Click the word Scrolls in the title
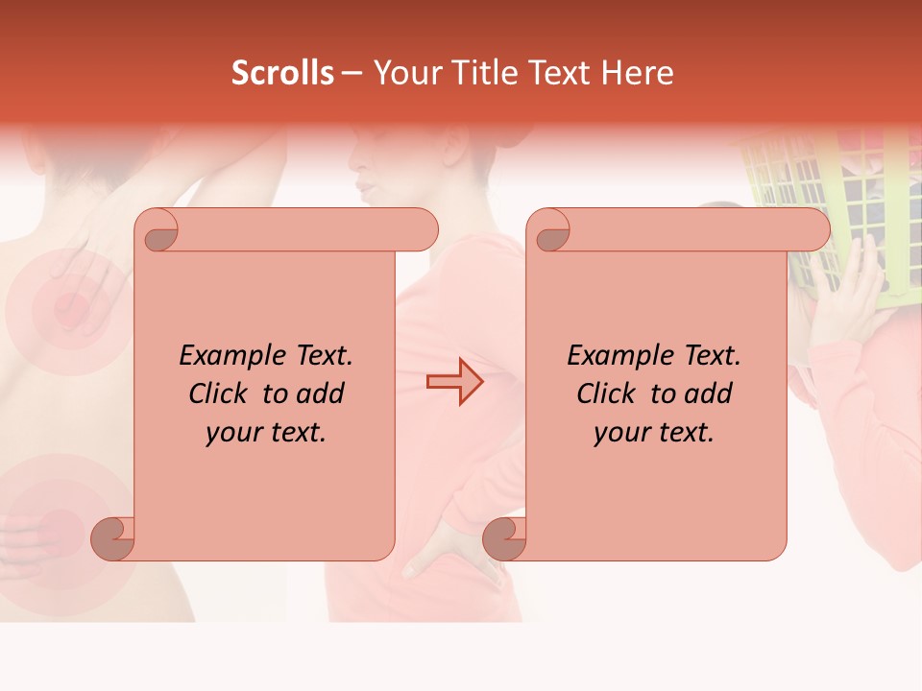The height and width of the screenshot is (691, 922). (282, 73)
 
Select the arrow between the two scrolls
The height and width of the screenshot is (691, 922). (454, 381)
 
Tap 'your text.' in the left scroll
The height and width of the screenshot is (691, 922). (265, 433)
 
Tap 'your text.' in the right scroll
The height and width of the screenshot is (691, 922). (653, 433)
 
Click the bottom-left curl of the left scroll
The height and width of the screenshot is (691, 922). (112, 537)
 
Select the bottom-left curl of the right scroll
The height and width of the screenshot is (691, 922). (504, 537)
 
